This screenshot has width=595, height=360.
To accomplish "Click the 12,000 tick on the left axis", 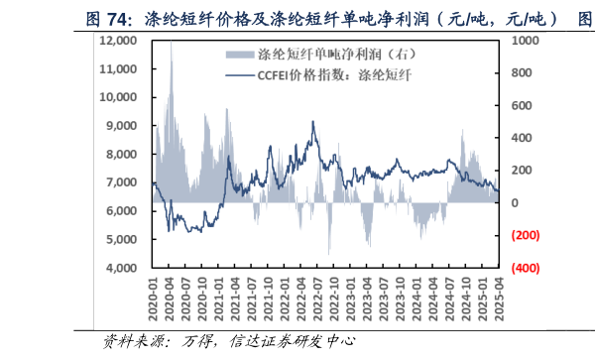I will (x=119, y=41).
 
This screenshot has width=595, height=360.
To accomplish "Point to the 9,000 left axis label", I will (x=122, y=126).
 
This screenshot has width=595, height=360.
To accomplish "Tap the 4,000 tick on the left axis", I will (x=122, y=269).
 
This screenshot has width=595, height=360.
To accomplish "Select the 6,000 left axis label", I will (x=122, y=211).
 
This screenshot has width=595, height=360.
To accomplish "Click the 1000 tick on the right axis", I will (x=524, y=41).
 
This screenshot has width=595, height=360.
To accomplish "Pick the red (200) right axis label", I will (x=525, y=236).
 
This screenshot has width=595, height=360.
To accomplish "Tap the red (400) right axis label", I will (x=525, y=269).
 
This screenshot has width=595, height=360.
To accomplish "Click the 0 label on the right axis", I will (x=515, y=203).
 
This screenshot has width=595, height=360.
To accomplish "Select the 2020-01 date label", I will (x=153, y=298).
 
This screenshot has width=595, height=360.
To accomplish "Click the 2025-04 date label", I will (x=500, y=298).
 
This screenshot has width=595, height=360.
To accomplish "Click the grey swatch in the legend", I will (x=237, y=54).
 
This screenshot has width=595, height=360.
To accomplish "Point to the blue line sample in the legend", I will (x=237, y=74).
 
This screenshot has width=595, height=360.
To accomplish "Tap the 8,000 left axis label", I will (x=122, y=155).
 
